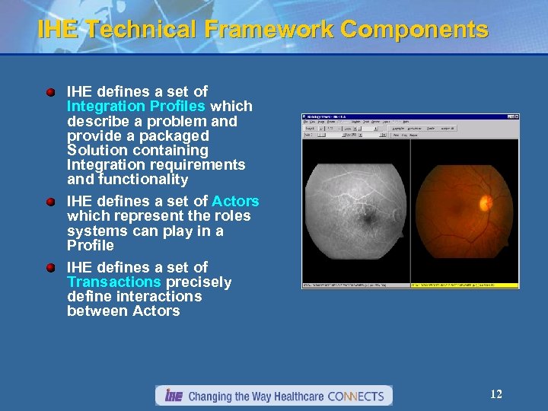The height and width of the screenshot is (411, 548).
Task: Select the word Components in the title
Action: (415, 30)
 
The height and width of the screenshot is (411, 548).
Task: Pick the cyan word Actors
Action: (235, 202)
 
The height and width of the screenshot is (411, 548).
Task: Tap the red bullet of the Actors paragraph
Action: (50, 202)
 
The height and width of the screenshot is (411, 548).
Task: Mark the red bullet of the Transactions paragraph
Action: (50, 268)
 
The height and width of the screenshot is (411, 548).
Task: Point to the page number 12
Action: (495, 394)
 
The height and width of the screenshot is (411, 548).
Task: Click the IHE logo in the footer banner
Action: (173, 396)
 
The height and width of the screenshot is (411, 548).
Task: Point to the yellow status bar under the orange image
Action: (464, 285)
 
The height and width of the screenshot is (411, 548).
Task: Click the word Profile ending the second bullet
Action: (91, 246)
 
